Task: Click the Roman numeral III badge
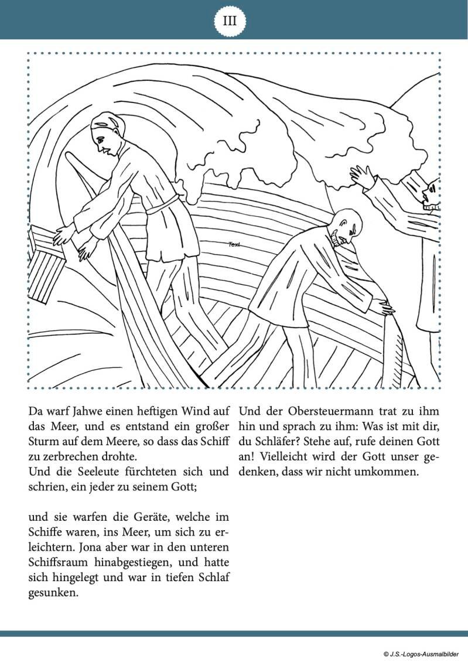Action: click(230, 21)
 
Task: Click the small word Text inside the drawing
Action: click(234, 244)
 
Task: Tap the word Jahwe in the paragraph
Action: click(94, 411)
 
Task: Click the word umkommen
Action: click(387, 471)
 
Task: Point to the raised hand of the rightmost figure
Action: click(361, 176)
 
